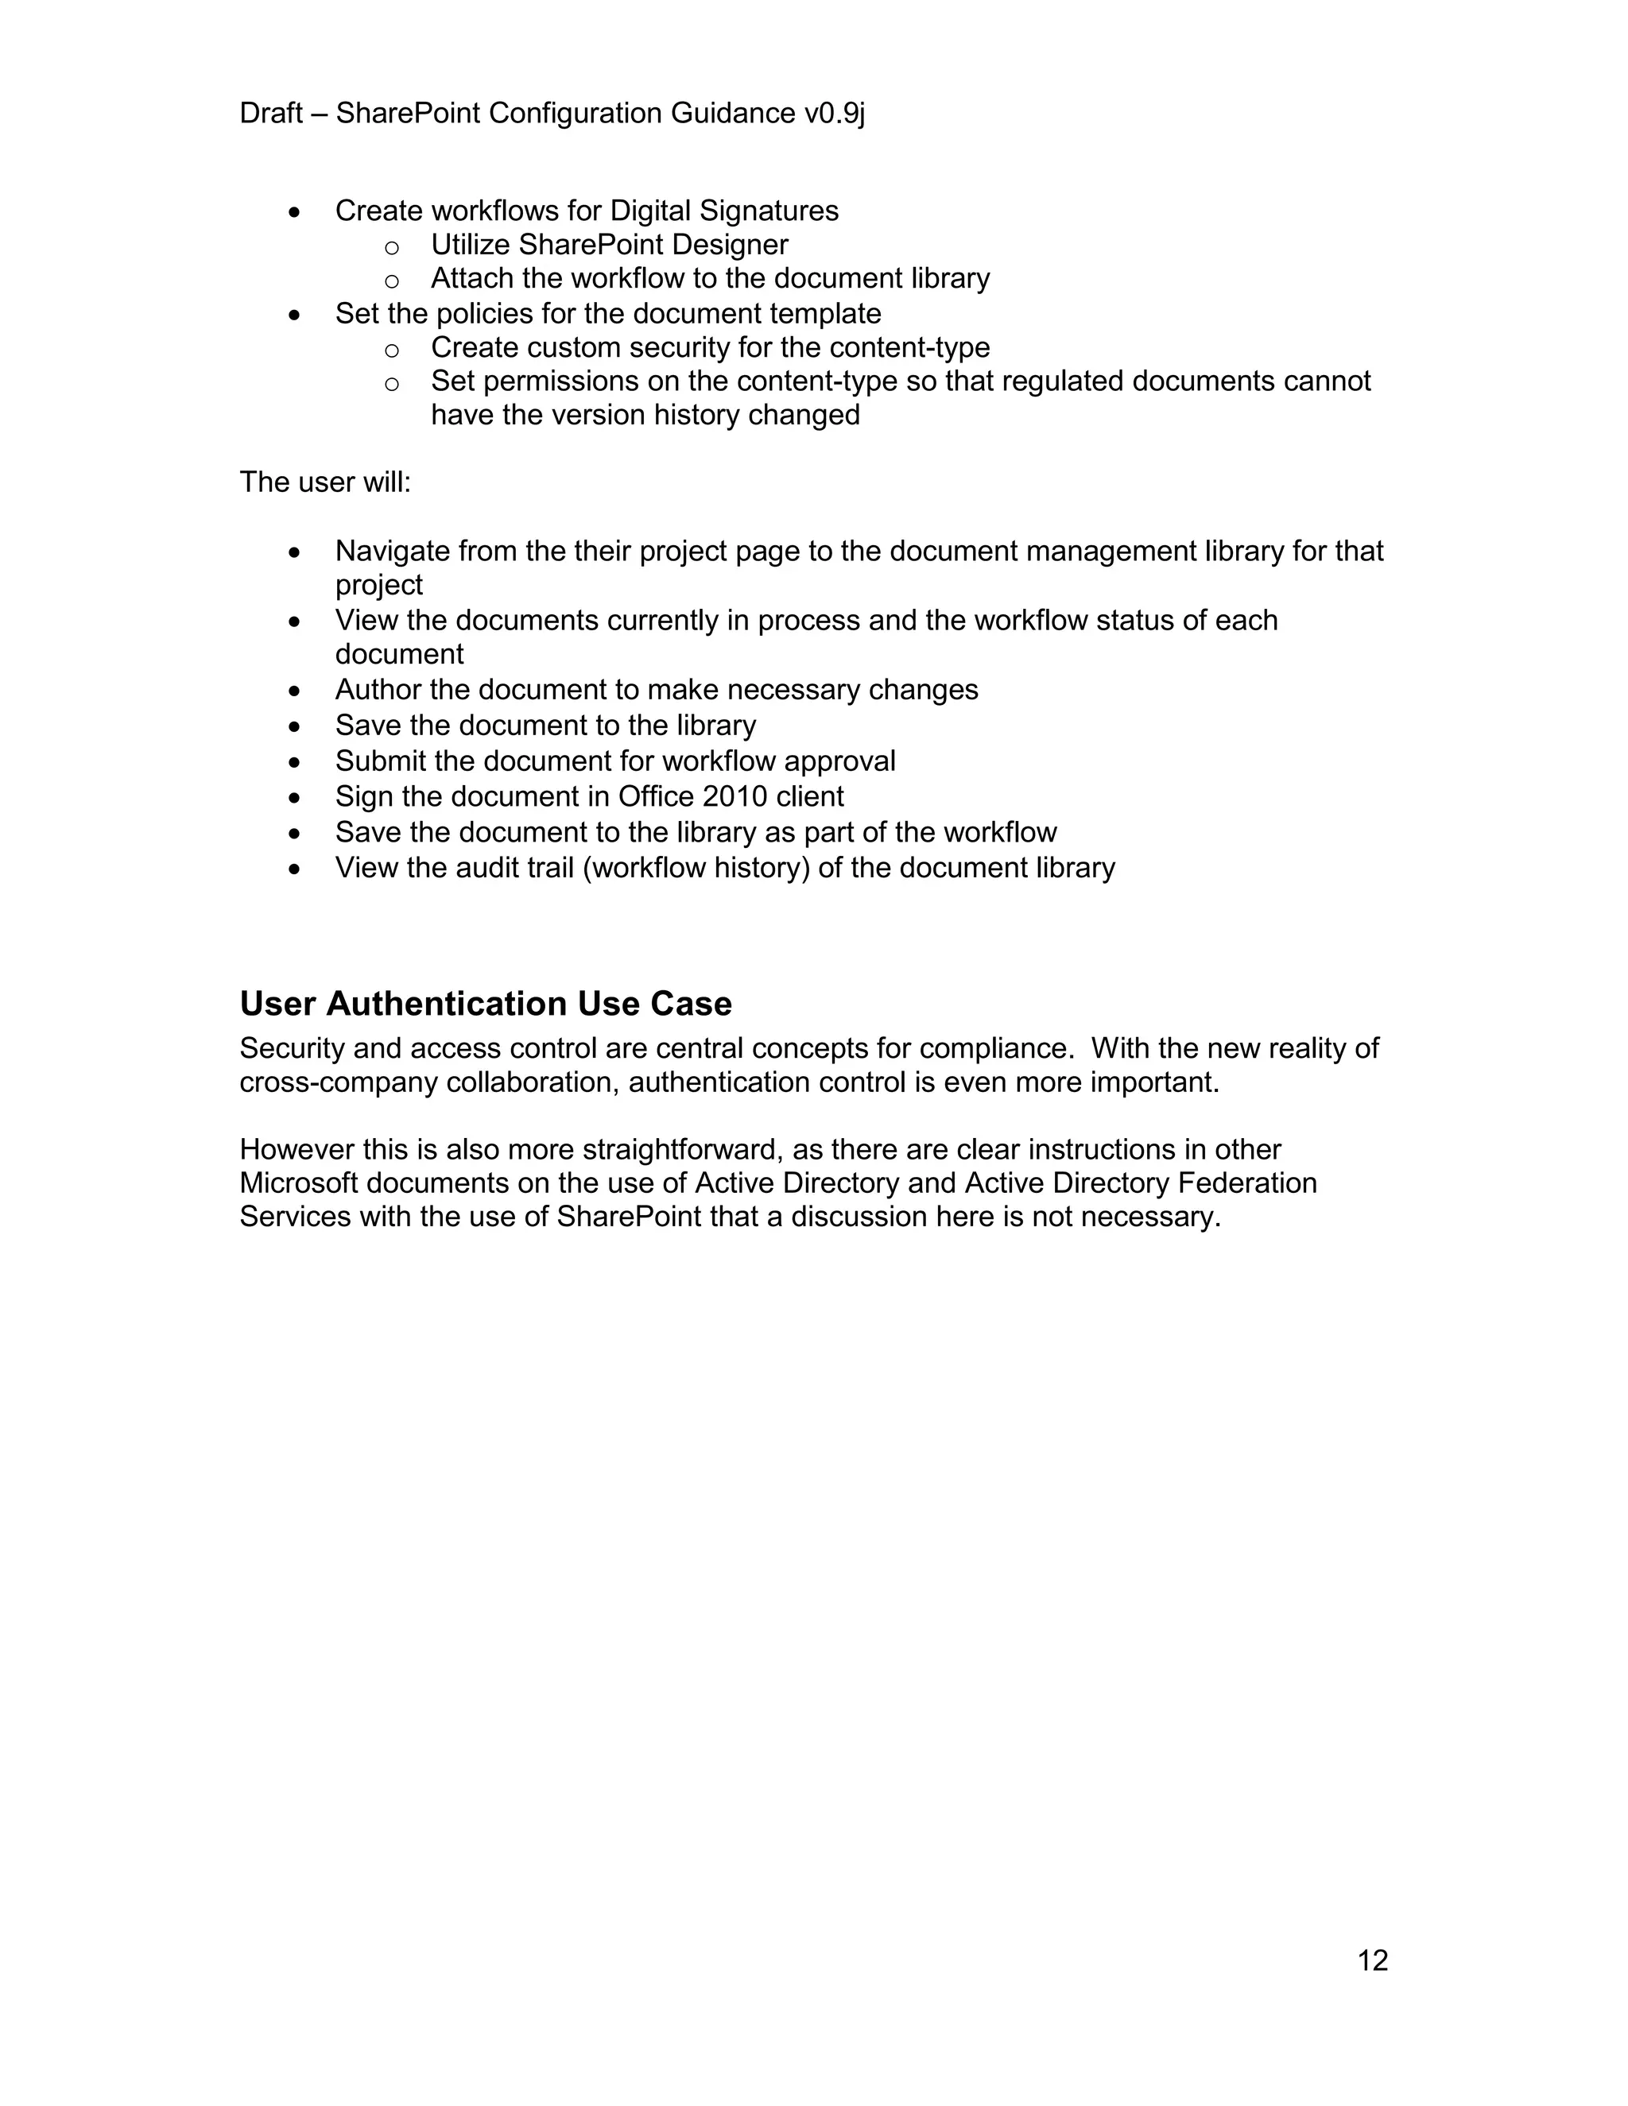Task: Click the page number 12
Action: tap(1371, 1961)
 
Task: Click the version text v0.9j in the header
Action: tap(834, 114)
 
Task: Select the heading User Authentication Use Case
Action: tap(485, 1004)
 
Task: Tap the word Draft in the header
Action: tap(271, 114)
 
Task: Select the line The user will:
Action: tap(325, 482)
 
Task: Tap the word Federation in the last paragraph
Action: tap(1247, 1183)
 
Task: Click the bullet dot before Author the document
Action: tap(295, 691)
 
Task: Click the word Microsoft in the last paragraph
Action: tap(298, 1183)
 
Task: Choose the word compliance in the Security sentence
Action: tap(995, 1049)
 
